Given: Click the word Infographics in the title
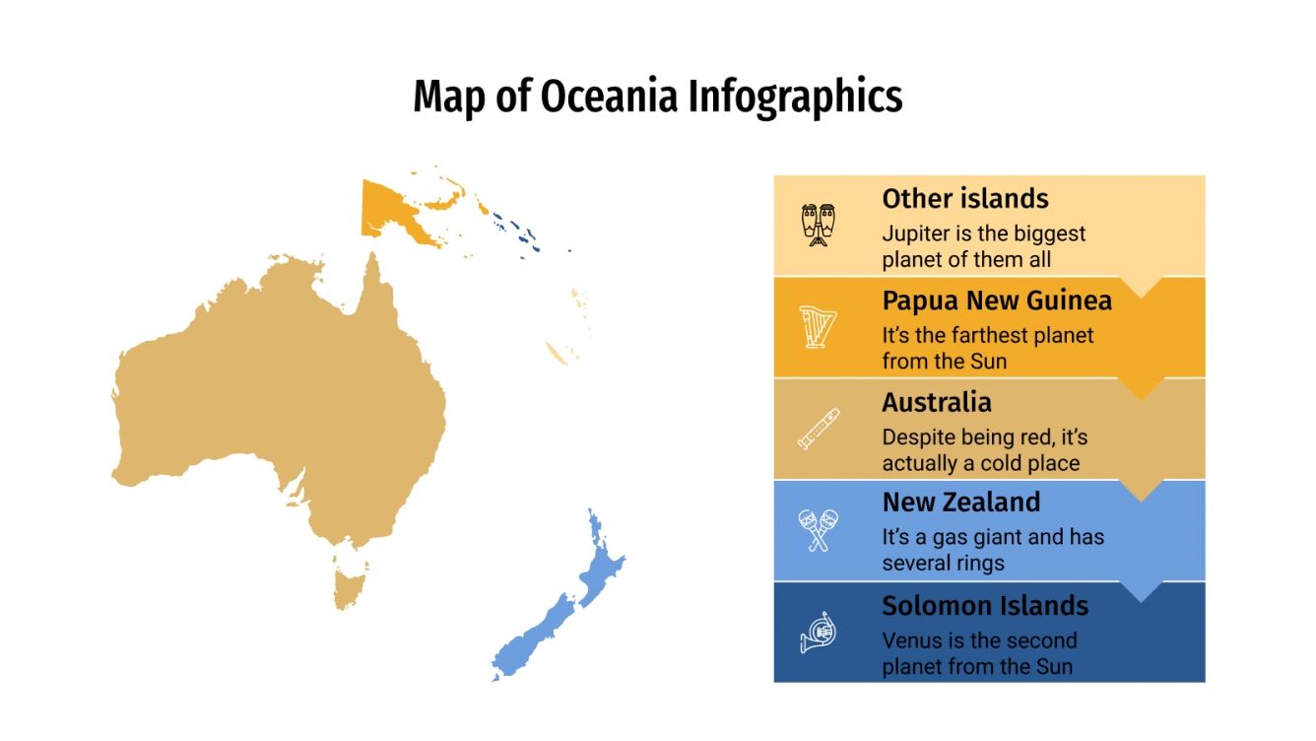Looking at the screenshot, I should (x=794, y=98).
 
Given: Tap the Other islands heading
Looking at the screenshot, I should (x=964, y=198).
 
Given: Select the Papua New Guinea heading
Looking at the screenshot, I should (x=997, y=300).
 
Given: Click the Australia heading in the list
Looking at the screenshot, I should (x=936, y=402).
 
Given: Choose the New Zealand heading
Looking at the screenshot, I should (x=960, y=503).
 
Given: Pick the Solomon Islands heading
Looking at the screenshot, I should (x=985, y=605).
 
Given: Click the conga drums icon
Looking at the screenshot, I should (x=818, y=225).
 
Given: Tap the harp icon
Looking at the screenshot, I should (x=818, y=327).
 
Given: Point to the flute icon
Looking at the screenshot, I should (x=818, y=429).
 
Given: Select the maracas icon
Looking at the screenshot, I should (x=818, y=530).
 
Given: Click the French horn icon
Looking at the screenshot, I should (x=818, y=633).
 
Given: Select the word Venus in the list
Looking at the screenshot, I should (x=911, y=640).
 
